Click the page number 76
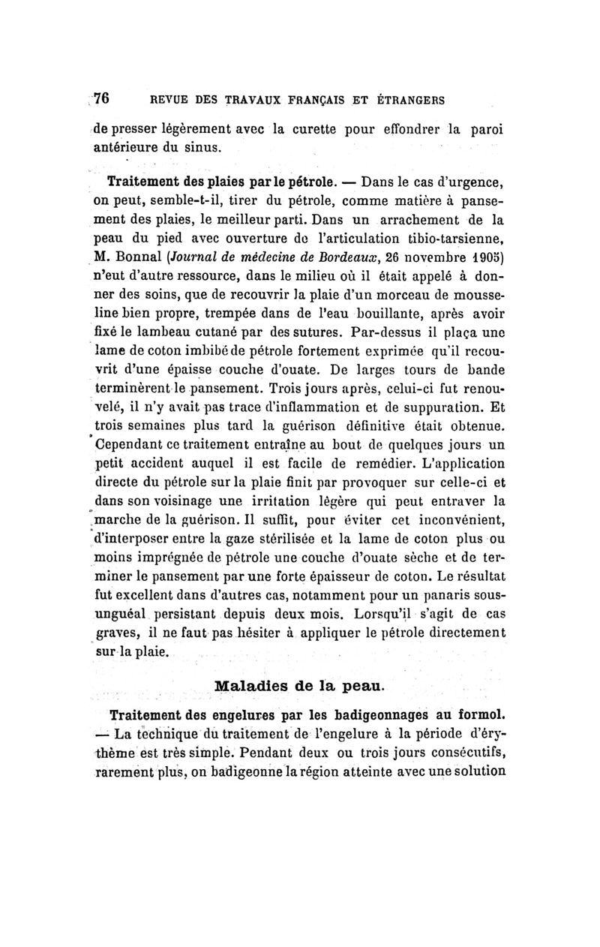(102, 98)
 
